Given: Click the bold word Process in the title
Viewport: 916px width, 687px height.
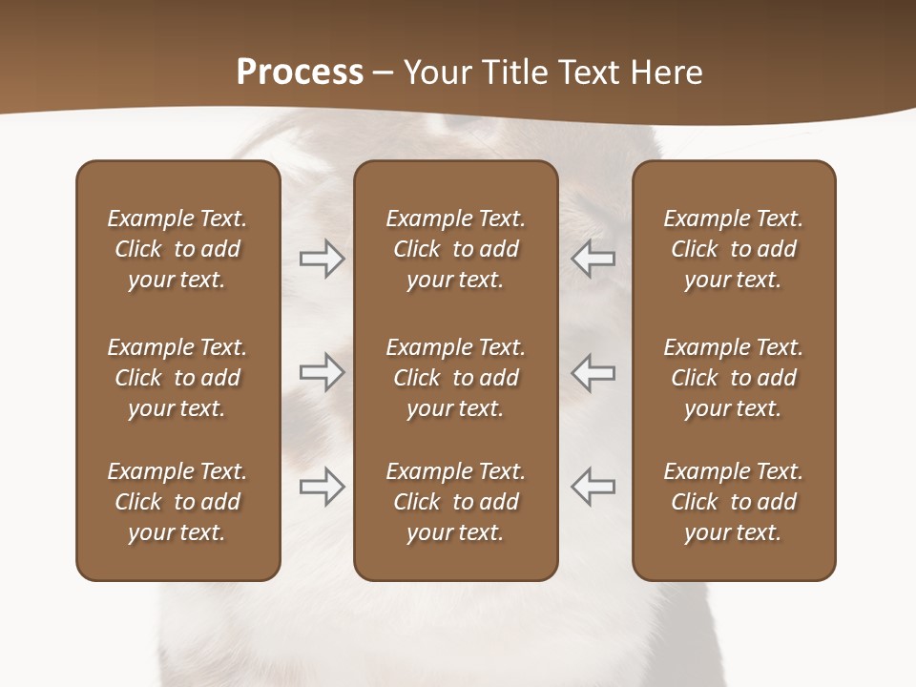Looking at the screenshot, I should tap(300, 73).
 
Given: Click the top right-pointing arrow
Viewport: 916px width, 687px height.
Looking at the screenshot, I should tap(323, 259).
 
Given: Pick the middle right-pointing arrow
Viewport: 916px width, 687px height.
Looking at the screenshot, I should tap(323, 371).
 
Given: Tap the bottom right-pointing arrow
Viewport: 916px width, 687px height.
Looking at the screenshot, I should tap(323, 487).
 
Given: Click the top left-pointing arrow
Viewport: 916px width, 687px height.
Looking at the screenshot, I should tap(593, 259).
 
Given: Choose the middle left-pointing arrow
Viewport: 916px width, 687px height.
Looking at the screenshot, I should tap(593, 371).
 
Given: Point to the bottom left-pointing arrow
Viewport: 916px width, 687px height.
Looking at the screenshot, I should tap(593, 487).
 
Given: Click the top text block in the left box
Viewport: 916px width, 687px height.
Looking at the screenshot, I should tap(177, 249).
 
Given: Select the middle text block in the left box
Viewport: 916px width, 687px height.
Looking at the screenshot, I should tap(177, 378).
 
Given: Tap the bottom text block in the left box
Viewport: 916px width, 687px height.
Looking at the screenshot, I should tap(177, 502).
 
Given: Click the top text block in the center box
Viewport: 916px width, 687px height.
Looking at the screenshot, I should tap(455, 249).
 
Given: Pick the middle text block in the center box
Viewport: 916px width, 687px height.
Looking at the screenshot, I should tap(455, 378).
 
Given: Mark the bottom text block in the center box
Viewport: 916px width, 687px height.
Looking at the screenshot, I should tap(455, 502).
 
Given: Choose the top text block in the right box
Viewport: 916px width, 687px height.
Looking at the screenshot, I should tap(734, 249).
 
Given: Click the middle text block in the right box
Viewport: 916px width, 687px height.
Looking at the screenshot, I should tap(734, 378).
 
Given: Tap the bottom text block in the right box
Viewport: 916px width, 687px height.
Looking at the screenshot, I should tap(734, 502).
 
